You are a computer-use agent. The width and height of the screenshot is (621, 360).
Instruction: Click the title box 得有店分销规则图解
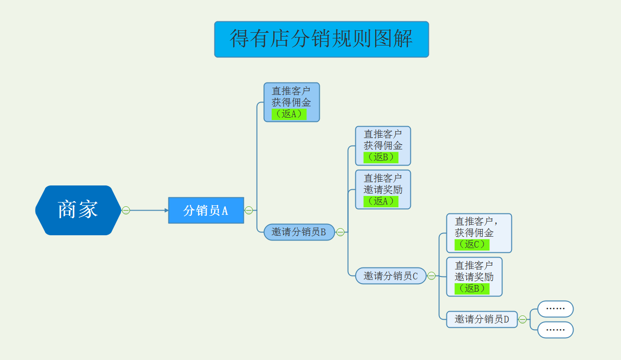pyautogui.click(x=321, y=39)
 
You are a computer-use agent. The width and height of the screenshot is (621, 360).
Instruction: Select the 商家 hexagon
pyautogui.click(x=78, y=210)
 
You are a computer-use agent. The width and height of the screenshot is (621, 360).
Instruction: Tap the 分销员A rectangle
pyautogui.click(x=206, y=210)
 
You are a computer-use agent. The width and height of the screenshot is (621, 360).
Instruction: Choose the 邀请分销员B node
pyautogui.click(x=299, y=232)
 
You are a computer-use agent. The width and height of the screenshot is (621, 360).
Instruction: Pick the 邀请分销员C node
pyautogui.click(x=390, y=276)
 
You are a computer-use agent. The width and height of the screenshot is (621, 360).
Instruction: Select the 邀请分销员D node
pyautogui.click(x=482, y=319)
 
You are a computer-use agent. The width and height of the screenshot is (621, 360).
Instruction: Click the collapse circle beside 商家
pyautogui.click(x=126, y=210)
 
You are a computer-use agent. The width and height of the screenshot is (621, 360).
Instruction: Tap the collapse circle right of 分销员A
pyautogui.click(x=249, y=210)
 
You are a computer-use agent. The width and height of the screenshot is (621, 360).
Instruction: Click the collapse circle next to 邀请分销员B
pyautogui.click(x=340, y=232)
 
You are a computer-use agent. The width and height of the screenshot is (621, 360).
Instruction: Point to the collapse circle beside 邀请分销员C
pyautogui.click(x=431, y=276)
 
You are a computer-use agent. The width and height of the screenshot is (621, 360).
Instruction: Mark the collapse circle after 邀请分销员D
pyautogui.click(x=522, y=319)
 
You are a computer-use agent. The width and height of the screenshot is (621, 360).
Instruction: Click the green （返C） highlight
pyautogui.click(x=472, y=245)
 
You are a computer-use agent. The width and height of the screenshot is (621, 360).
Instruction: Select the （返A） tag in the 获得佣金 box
pyautogui.click(x=289, y=114)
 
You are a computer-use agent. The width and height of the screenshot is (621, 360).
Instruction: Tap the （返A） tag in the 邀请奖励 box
pyautogui.click(x=380, y=201)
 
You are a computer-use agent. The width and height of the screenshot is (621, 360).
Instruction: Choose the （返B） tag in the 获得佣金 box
pyautogui.click(x=380, y=157)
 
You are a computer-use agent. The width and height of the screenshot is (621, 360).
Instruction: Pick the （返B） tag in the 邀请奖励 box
pyautogui.click(x=472, y=288)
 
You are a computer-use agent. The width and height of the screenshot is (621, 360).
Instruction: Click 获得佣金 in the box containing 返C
pyautogui.click(x=474, y=233)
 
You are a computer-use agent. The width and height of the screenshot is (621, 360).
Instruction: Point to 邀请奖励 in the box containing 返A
pyautogui.click(x=383, y=189)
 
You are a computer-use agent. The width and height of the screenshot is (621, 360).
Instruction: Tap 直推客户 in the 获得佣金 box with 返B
pyautogui.click(x=383, y=134)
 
